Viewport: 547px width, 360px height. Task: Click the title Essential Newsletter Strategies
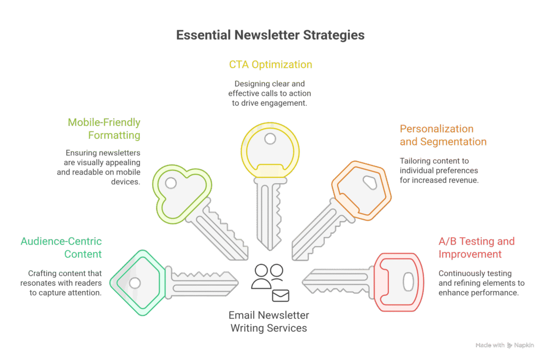tap(270, 36)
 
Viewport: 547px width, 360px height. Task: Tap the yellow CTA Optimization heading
tap(270, 65)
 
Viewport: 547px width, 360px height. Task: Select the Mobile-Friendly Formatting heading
tap(104, 129)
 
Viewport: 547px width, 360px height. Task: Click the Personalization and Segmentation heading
tap(443, 135)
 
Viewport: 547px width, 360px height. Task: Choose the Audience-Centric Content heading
tap(61, 248)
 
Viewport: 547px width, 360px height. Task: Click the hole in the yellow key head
tap(270, 139)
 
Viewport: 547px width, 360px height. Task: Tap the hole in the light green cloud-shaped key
tap(171, 183)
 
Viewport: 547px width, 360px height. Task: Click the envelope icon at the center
tap(280, 295)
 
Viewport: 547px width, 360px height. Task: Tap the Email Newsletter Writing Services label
tap(269, 322)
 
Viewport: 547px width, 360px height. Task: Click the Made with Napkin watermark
tap(504, 345)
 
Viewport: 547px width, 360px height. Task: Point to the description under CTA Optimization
tap(270, 93)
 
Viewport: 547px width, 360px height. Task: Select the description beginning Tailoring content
tap(439, 170)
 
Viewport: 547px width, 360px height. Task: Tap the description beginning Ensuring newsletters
tap(99, 166)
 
